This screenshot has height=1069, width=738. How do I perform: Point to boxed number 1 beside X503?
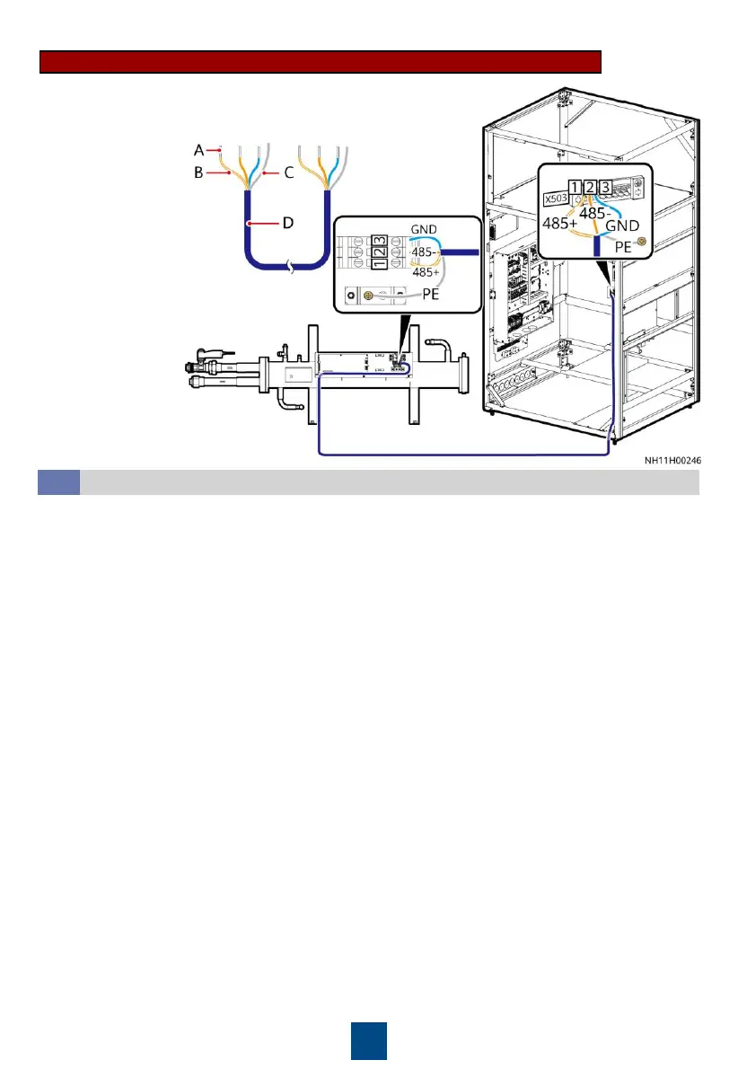click(575, 188)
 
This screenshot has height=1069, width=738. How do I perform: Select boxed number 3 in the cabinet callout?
click(607, 188)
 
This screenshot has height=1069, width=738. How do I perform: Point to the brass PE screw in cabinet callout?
click(640, 242)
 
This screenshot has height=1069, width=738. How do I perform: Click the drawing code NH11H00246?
click(672, 460)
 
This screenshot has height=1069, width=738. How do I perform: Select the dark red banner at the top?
click(321, 61)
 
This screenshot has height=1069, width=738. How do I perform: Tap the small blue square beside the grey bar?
click(58, 482)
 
